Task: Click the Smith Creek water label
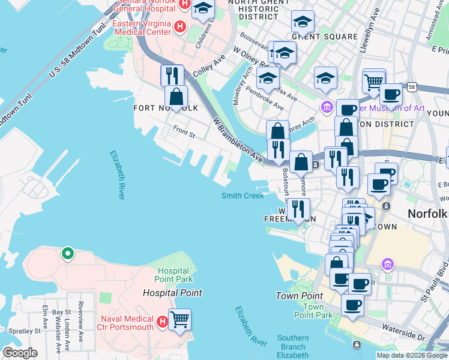pos(243,196)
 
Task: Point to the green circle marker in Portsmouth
pos(68,254)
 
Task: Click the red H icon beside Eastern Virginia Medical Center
pos(178,26)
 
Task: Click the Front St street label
pos(184,131)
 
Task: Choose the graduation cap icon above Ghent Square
pos(303,22)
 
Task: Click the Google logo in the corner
pos(20,353)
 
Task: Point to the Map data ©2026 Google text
pos(411,355)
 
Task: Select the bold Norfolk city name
pos(427,214)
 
